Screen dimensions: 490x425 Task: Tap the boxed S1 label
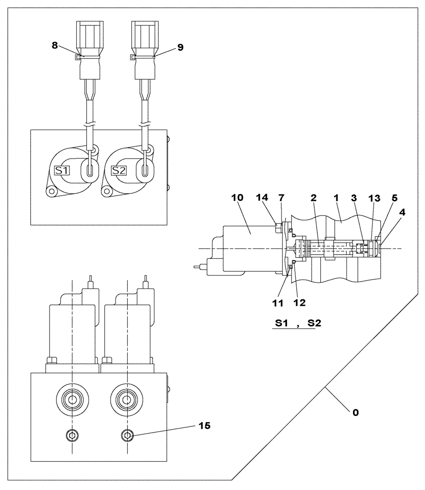point(62,171)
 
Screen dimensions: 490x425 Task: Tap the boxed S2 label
point(118,171)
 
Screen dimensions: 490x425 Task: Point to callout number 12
point(300,303)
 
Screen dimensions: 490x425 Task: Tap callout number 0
point(355,412)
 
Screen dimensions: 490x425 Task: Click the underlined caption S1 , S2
point(294,324)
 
